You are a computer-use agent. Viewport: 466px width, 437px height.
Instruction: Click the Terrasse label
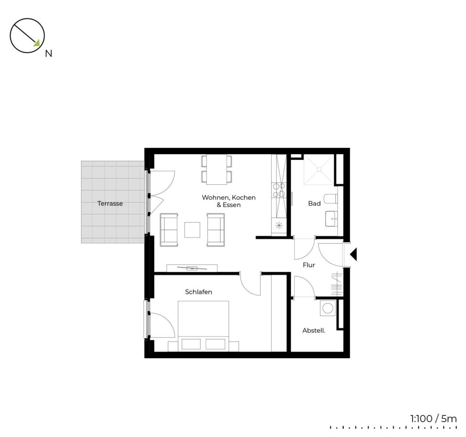(x=110, y=203)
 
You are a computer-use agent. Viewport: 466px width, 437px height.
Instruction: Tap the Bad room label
(x=314, y=203)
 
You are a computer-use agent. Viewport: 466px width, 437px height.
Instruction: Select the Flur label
(x=309, y=265)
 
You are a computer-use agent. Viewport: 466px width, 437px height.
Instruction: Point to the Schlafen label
(x=198, y=292)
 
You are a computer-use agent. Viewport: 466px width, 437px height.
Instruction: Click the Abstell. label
(x=314, y=330)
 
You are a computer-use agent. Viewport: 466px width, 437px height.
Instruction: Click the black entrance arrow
(x=353, y=254)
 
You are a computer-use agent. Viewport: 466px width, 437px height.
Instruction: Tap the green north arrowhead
(x=36, y=43)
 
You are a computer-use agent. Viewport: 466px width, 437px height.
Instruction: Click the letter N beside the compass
(x=48, y=54)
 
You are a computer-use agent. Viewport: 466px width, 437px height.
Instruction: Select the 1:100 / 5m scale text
(x=433, y=419)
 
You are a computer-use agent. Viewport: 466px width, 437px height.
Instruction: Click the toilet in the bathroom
(x=330, y=198)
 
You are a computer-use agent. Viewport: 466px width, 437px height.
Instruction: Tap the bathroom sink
(x=331, y=218)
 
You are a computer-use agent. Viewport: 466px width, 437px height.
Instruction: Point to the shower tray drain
(x=319, y=169)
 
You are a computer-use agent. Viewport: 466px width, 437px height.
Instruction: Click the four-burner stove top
(x=279, y=190)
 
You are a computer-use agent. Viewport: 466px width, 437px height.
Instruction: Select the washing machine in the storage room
(x=328, y=308)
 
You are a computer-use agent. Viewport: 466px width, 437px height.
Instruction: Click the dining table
(x=217, y=169)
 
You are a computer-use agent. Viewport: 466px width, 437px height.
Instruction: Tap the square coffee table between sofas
(x=192, y=230)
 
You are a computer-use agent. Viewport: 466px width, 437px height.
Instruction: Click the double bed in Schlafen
(x=203, y=326)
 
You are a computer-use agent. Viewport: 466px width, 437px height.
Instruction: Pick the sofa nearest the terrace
(x=169, y=230)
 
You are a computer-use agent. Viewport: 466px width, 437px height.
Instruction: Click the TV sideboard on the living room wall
(x=192, y=268)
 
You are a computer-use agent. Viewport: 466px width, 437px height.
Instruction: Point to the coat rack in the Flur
(x=337, y=284)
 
